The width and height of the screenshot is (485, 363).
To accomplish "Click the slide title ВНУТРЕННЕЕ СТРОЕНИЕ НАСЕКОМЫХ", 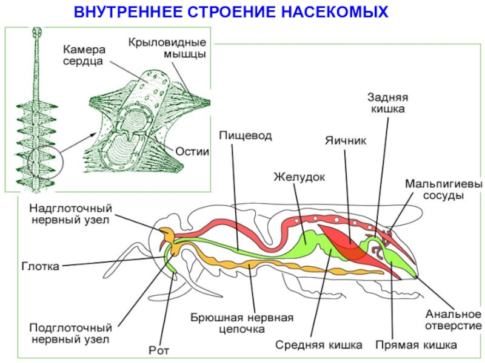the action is coord(230,11).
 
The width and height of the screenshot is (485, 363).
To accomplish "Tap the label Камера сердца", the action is coord(84,54).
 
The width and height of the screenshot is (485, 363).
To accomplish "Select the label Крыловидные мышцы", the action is coord(167,48).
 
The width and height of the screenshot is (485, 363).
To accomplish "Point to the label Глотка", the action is coord(41,266).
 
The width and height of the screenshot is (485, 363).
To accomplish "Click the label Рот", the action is coord(159,350).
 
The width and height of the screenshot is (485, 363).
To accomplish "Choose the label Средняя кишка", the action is coord(319,345).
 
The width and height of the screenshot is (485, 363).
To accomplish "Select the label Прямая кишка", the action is coord(416,345).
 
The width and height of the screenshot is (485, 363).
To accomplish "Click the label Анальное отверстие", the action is coord(452,320).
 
